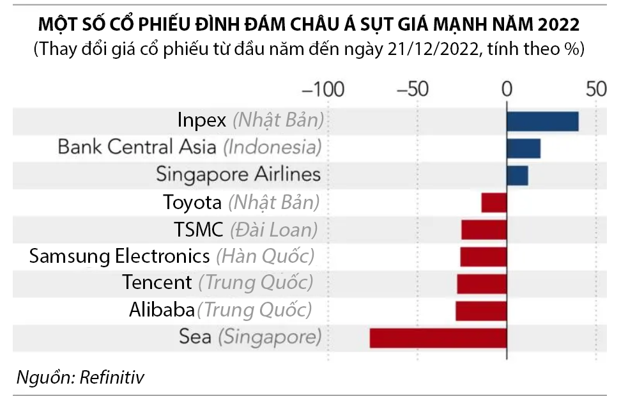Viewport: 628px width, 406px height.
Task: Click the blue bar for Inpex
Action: (542, 121)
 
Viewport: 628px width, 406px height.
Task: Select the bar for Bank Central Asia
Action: (523, 148)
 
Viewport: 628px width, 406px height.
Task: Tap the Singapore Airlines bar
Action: (517, 175)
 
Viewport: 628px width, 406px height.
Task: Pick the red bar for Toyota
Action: (494, 202)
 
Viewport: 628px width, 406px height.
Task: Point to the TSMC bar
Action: (484, 230)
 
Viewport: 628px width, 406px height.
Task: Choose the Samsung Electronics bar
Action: (483, 256)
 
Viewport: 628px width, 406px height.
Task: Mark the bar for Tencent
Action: (482, 284)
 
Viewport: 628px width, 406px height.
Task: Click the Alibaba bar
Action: (481, 311)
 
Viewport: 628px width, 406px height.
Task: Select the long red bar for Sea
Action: (438, 338)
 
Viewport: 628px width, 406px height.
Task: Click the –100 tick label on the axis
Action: (323, 89)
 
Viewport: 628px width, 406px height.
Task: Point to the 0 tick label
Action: (507, 89)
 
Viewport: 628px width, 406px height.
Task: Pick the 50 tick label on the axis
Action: (596, 89)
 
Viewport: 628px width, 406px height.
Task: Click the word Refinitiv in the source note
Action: (112, 377)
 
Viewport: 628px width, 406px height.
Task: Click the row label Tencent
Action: (157, 282)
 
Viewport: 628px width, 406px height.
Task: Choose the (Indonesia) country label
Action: (272, 147)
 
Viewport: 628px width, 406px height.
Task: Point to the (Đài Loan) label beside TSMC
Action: (273, 229)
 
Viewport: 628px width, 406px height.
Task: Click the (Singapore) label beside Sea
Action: (269, 337)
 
